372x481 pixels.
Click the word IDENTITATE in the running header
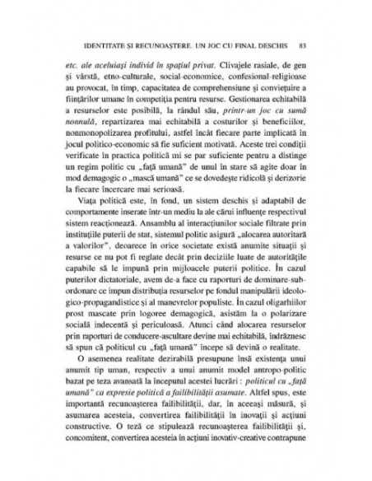pyautogui.click(x=97, y=44)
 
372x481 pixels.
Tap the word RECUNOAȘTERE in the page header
pyautogui.click(x=169, y=44)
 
